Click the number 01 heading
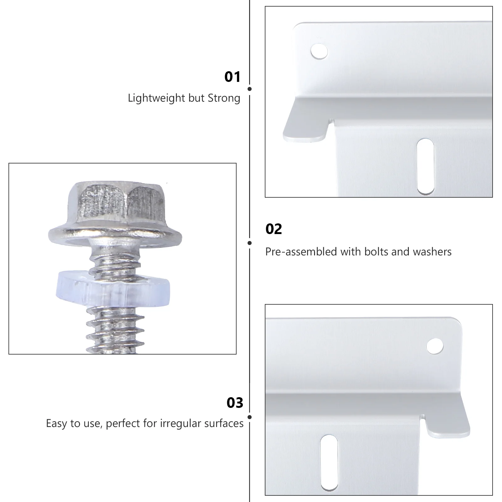[x=232, y=77]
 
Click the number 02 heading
[x=274, y=229]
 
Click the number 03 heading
[x=235, y=403]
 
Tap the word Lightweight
[x=157, y=98]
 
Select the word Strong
[x=224, y=98]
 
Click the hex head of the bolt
[x=115, y=201]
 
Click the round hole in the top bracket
[x=319, y=51]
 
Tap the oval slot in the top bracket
[x=425, y=166]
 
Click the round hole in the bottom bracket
[x=435, y=346]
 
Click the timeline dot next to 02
[x=249, y=243]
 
